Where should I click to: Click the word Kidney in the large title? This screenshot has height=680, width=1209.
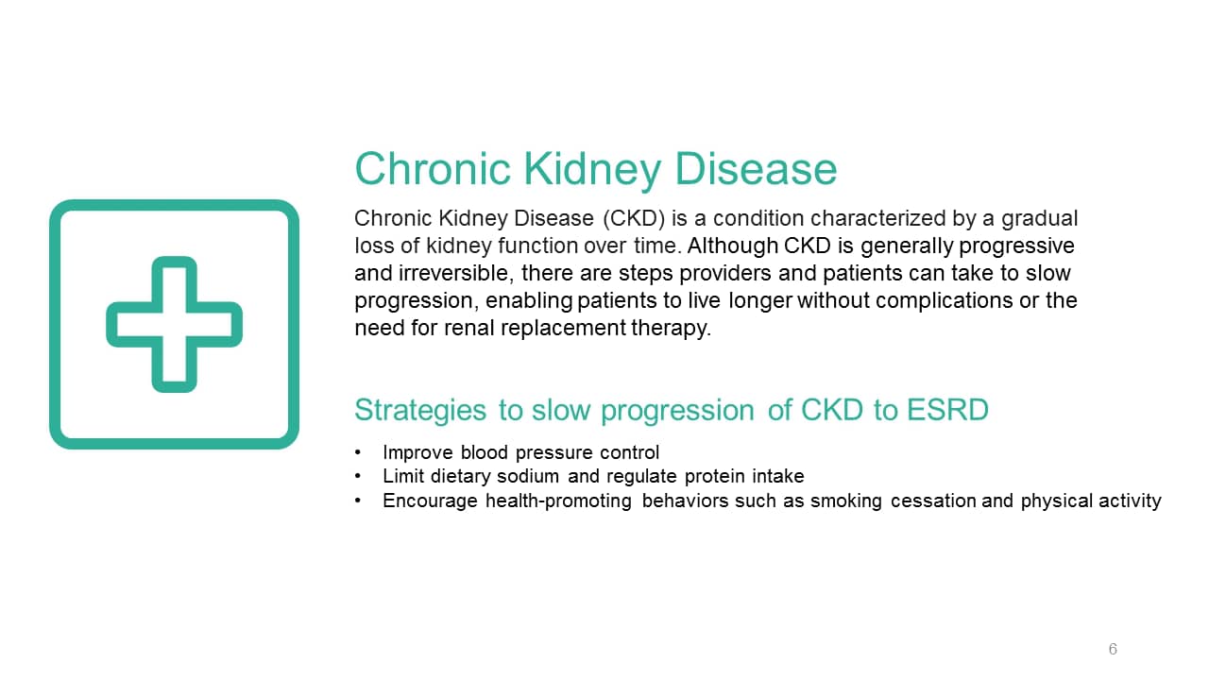coord(591,170)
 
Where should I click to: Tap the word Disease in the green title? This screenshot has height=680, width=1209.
coord(756,169)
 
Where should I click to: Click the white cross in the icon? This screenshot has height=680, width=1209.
coord(174,324)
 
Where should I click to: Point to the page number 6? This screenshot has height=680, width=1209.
coord(1113,649)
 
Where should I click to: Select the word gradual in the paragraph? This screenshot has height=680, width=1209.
coord(1040,219)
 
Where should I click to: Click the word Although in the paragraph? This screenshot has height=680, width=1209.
coord(732,246)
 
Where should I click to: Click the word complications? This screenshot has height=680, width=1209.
coord(944,301)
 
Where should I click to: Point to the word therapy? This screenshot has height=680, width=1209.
coord(671,329)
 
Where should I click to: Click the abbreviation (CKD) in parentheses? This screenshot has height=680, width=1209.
coord(634,218)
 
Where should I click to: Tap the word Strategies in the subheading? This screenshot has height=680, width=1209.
coord(420,410)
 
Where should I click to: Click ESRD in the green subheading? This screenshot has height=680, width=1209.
coord(947,410)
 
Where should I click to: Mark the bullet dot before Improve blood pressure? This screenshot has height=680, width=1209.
coord(358,452)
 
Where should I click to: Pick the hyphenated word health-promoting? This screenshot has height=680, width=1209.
coord(558,501)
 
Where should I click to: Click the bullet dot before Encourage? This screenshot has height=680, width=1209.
coord(358,501)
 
